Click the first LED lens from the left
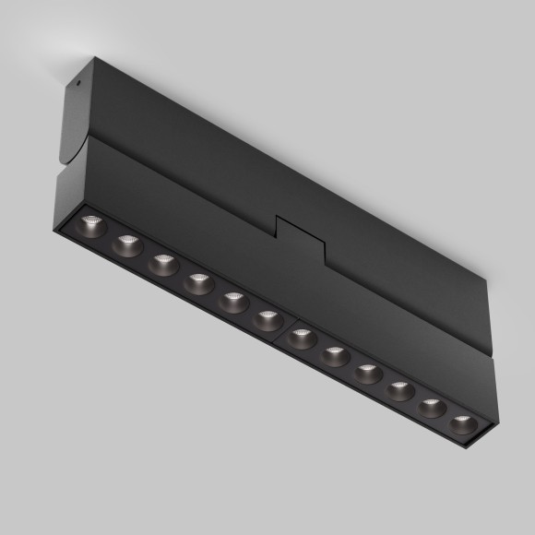click(91, 223)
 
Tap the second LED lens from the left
click(126, 244)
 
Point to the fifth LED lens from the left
click(232, 301)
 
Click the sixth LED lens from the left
click(267, 319)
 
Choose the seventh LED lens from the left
click(301, 337)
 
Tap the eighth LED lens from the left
click(334, 355)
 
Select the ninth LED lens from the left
click(367, 373)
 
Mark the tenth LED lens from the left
click(399, 390)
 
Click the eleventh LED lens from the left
click(432, 407)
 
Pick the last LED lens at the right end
click(463, 424)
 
